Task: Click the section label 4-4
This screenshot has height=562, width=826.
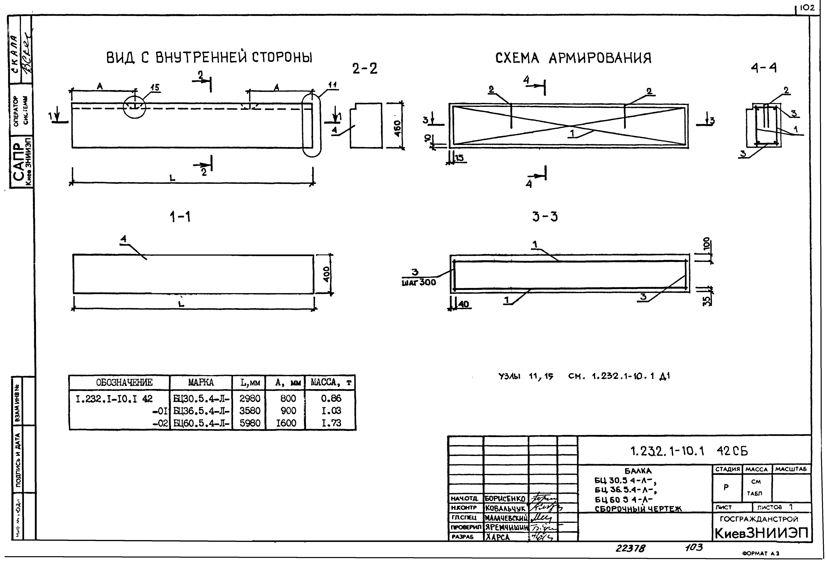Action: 763,68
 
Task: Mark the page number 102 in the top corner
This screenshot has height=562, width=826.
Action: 807,8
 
